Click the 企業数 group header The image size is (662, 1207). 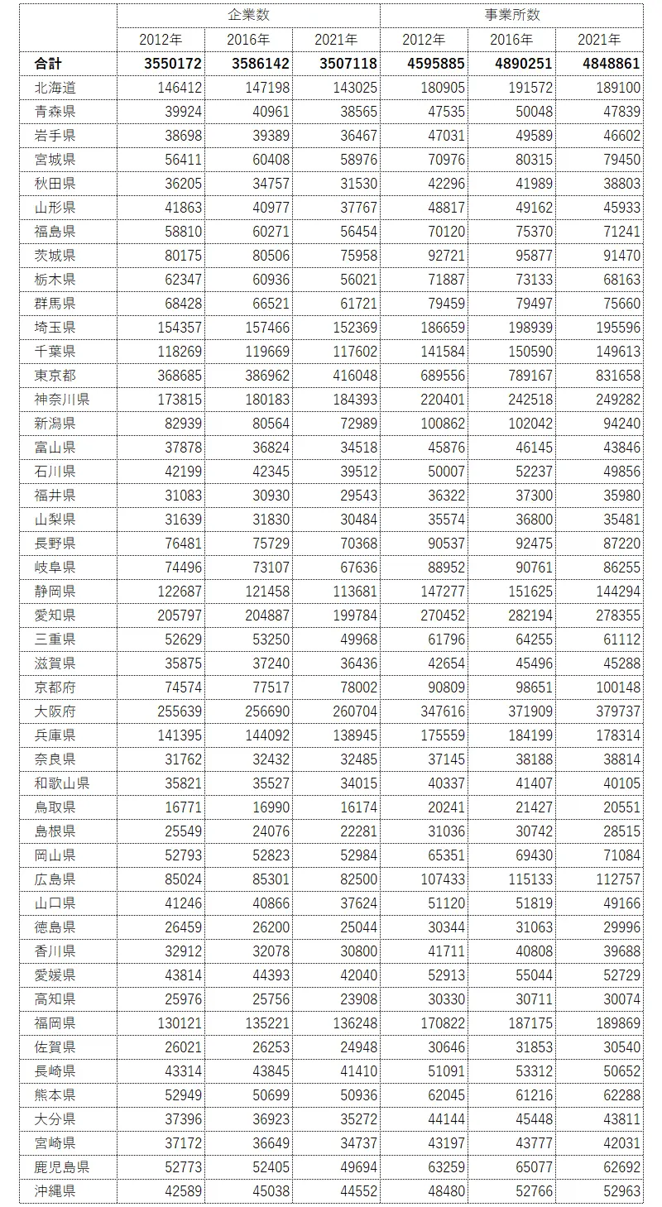tap(248, 16)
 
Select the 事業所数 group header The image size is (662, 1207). tap(511, 16)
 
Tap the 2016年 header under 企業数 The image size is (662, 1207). tap(248, 40)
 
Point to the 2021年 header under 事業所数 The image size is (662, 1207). tap(599, 40)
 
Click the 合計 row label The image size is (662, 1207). tap(48, 64)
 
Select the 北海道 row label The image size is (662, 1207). tap(55, 88)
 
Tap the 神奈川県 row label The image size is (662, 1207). tap(61, 400)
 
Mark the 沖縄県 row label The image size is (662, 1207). tap(55, 1191)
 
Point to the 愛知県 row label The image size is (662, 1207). tap(55, 615)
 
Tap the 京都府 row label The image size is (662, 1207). tap(55, 687)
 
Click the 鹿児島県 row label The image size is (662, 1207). tap(61, 1167)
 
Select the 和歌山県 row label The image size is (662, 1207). tap(61, 783)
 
